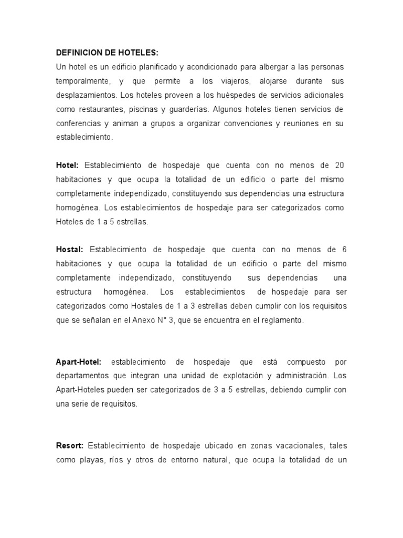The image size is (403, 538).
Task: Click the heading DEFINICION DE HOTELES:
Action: (107, 54)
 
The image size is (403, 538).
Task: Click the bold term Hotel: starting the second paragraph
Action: (67, 165)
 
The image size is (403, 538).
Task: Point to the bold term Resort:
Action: (70, 446)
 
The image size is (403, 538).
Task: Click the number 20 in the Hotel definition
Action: (339, 165)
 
